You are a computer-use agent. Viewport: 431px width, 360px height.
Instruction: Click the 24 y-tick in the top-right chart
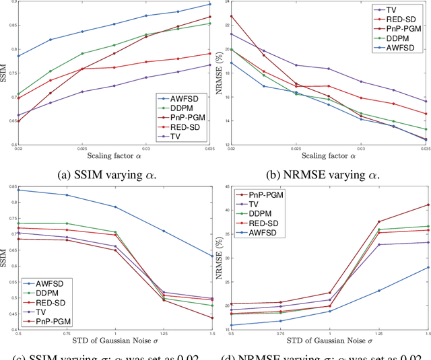pos(225,5)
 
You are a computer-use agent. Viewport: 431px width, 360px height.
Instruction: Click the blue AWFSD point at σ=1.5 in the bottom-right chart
pos(428,267)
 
